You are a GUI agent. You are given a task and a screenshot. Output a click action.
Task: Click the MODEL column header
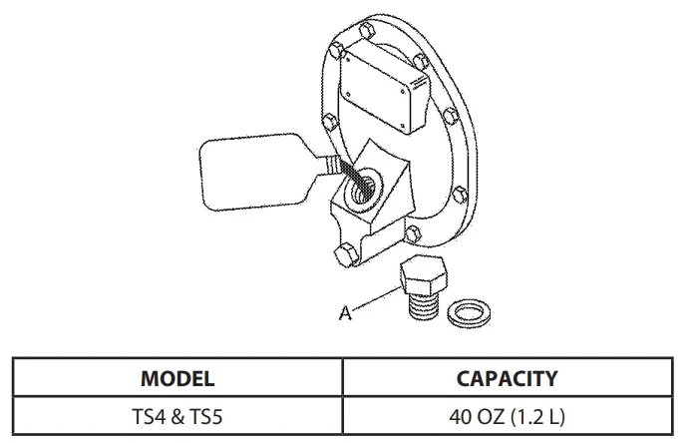click(177, 378)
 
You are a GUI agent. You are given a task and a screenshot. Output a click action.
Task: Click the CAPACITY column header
click(507, 378)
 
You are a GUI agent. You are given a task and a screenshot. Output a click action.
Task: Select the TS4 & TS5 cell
click(177, 417)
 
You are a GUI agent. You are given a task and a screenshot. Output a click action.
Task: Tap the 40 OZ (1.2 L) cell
click(507, 417)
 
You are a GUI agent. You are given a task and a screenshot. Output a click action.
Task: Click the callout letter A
click(345, 313)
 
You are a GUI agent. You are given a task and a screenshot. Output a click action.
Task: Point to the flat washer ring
click(470, 312)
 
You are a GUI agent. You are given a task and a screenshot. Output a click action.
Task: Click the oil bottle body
click(253, 172)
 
